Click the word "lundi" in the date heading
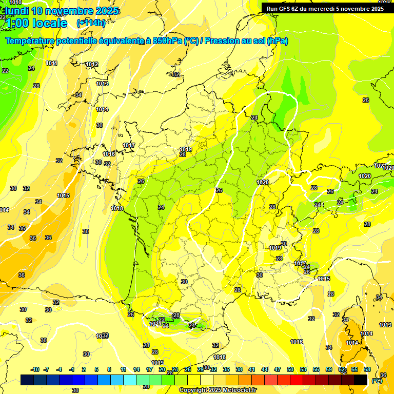[x=17, y=11]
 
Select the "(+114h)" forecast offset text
[x=91, y=23]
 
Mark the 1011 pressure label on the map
[x=51, y=63]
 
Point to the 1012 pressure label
[x=92, y=64]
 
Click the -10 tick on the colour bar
[x=35, y=369]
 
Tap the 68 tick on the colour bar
[x=367, y=369]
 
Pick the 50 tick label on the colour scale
[x=290, y=369]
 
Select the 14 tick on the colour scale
[x=136, y=369]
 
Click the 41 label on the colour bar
[x=252, y=369]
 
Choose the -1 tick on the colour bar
[x=72, y=369]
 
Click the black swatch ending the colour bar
[x=361, y=380]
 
